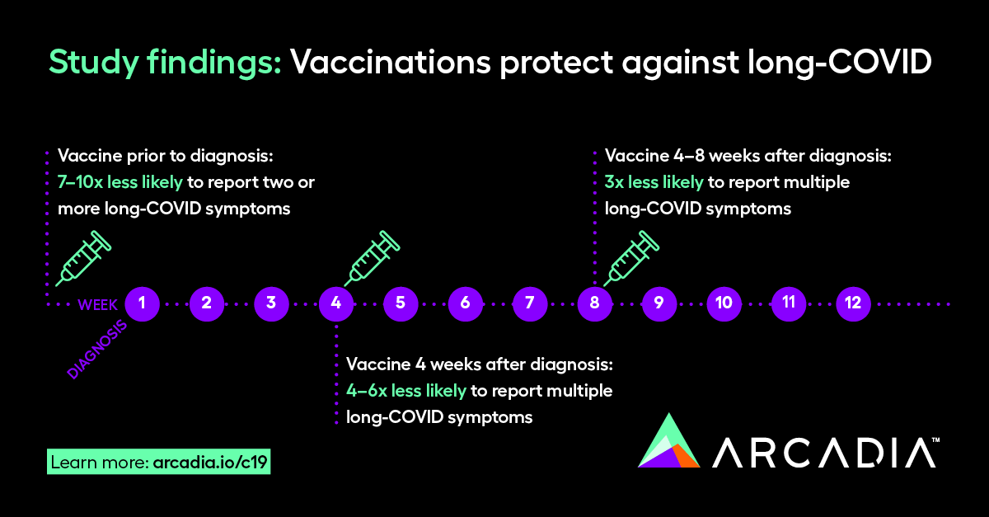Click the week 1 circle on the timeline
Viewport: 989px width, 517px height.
point(143,303)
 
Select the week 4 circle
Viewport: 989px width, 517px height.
point(336,303)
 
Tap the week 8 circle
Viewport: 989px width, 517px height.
point(594,303)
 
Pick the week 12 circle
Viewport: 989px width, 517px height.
point(853,303)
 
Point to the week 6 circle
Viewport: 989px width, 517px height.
point(466,303)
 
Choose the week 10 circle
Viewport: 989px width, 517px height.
point(724,303)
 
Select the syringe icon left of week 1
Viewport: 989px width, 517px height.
point(82,258)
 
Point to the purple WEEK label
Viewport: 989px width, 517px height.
point(98,304)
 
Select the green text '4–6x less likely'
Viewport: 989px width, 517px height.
point(406,390)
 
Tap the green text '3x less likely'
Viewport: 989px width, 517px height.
point(654,181)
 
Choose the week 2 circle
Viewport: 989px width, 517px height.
point(207,303)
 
